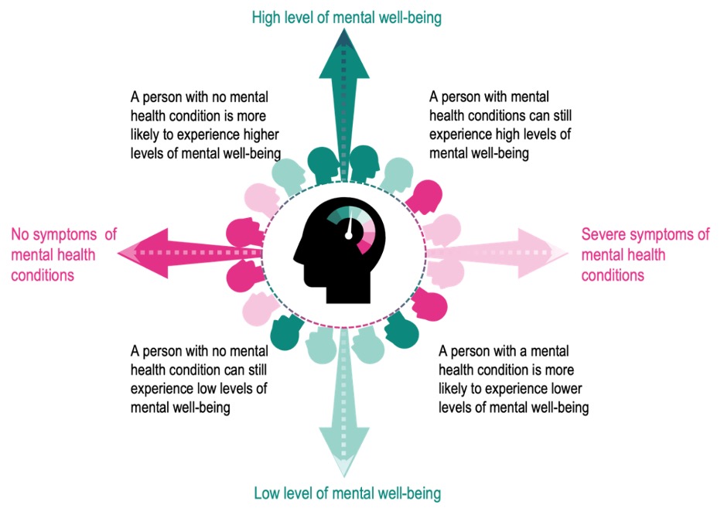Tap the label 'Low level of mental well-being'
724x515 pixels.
click(347, 493)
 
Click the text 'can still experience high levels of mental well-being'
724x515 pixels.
click(500, 125)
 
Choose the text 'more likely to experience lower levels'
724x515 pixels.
click(513, 378)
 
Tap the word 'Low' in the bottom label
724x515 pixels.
click(268, 493)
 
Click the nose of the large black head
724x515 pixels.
click(296, 256)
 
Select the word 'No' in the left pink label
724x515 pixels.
click(20, 234)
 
